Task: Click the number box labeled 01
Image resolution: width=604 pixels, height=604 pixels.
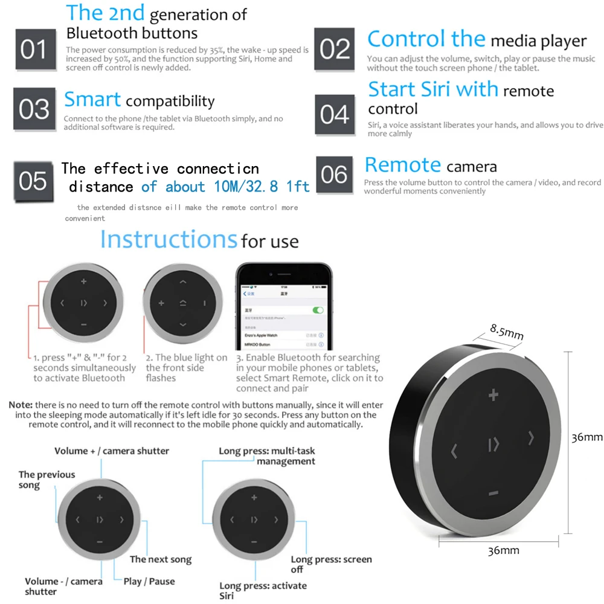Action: (34, 50)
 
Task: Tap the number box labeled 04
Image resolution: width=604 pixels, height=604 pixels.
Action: (335, 115)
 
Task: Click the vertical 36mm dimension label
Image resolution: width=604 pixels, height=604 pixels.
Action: (586, 437)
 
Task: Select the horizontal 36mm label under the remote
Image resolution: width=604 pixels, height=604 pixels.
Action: (503, 550)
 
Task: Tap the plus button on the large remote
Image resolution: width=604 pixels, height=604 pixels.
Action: (493, 396)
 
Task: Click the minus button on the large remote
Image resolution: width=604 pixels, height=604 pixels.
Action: (493, 493)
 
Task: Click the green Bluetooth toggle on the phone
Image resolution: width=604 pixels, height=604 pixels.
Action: (317, 310)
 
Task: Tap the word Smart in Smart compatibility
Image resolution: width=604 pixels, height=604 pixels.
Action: (92, 100)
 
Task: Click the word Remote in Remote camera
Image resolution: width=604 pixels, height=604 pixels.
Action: (403, 165)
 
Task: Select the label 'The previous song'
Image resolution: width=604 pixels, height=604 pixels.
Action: (47, 480)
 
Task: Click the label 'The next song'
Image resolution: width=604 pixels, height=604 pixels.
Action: (161, 560)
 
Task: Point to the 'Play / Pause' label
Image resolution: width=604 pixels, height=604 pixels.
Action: (149, 581)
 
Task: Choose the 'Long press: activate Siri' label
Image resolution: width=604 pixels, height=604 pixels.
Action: (263, 591)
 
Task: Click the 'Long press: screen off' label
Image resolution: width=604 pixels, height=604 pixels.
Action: (331, 564)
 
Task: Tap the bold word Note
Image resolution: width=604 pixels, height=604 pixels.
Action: (21, 404)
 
